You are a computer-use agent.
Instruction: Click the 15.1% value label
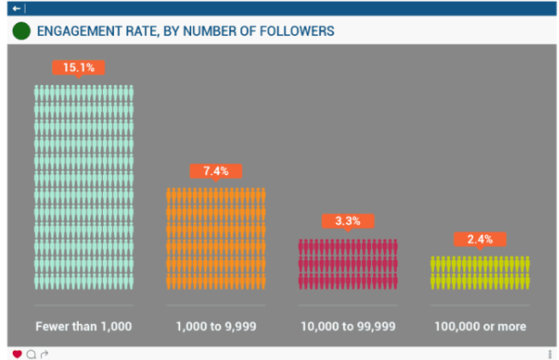point(77,67)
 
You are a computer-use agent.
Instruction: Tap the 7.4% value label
point(216,171)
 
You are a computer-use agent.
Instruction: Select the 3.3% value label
point(347,221)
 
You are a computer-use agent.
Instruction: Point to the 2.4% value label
point(480,239)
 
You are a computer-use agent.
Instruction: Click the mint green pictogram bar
point(84,186)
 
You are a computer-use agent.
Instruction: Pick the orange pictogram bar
point(216,238)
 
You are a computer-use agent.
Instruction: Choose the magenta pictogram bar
point(348,263)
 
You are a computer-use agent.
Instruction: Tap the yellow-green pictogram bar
point(480,272)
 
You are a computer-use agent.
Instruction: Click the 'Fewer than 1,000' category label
point(83,327)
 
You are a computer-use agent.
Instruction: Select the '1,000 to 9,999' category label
point(216,327)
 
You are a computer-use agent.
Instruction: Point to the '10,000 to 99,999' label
point(348,327)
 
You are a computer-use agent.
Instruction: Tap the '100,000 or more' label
point(480,327)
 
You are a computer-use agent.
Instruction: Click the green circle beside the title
point(21,32)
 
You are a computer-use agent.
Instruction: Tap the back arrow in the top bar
point(16,8)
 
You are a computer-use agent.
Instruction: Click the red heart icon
point(16,354)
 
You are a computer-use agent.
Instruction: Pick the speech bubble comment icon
point(31,354)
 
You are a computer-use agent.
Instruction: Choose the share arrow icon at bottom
point(45,354)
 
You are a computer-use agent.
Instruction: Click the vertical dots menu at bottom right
point(550,354)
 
